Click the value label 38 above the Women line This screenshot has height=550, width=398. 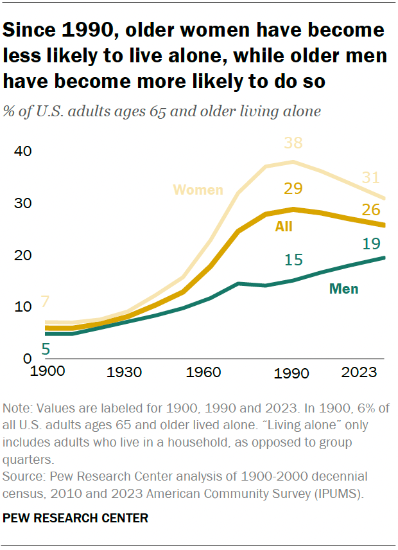[x=293, y=144]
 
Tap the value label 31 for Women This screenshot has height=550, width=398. [x=372, y=178]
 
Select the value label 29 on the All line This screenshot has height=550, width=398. [x=293, y=189]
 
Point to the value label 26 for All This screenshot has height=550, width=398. [x=372, y=209]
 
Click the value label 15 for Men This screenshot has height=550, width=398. [x=293, y=260]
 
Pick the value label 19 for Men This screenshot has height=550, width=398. [x=372, y=244]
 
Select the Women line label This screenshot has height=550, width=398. [x=198, y=190]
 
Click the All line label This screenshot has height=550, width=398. [x=284, y=226]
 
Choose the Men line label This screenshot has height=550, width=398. [x=343, y=289]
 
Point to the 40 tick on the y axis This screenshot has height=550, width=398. [x=23, y=152]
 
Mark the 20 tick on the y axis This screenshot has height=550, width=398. [x=23, y=255]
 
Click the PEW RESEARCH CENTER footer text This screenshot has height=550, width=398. [x=76, y=518]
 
